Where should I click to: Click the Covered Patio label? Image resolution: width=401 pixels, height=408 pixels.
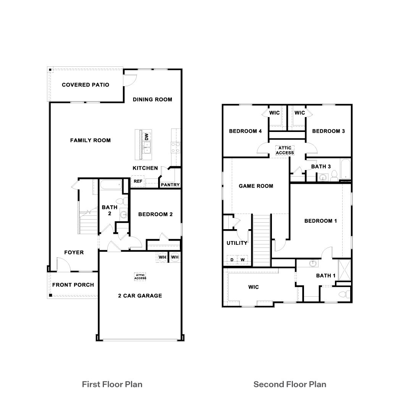pyautogui.click(x=86, y=85)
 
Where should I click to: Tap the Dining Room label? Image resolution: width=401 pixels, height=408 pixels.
pyautogui.click(x=152, y=100)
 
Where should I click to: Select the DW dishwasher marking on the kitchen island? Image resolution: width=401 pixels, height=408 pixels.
pyautogui.click(x=146, y=137)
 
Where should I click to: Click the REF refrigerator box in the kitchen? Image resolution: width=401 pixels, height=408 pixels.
pyautogui.click(x=138, y=181)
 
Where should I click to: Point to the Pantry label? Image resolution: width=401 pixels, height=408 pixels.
pyautogui.click(x=170, y=185)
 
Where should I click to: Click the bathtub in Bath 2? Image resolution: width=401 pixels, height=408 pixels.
pyautogui.click(x=111, y=185)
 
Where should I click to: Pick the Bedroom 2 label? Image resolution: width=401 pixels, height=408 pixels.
pyautogui.click(x=155, y=214)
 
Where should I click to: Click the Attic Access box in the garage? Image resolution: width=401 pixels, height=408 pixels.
pyautogui.click(x=140, y=276)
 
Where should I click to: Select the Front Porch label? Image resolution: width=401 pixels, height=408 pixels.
pyautogui.click(x=73, y=285)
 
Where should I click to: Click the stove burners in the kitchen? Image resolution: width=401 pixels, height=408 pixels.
pyautogui.click(x=176, y=147)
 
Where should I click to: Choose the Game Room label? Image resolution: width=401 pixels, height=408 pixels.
pyautogui.click(x=256, y=186)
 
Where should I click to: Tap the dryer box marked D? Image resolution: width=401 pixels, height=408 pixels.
pyautogui.click(x=232, y=260)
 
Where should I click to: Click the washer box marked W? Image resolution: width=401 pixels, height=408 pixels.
pyautogui.click(x=243, y=260)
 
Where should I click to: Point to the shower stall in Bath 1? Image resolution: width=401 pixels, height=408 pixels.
pyautogui.click(x=344, y=270)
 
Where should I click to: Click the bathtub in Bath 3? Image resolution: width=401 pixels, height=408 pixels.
pyautogui.click(x=345, y=169)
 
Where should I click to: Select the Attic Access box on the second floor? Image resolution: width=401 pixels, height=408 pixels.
pyautogui.click(x=285, y=150)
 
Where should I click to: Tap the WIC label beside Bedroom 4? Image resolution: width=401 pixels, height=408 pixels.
pyautogui.click(x=274, y=112)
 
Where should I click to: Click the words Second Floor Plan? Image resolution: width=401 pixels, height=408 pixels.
pyautogui.click(x=290, y=384)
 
